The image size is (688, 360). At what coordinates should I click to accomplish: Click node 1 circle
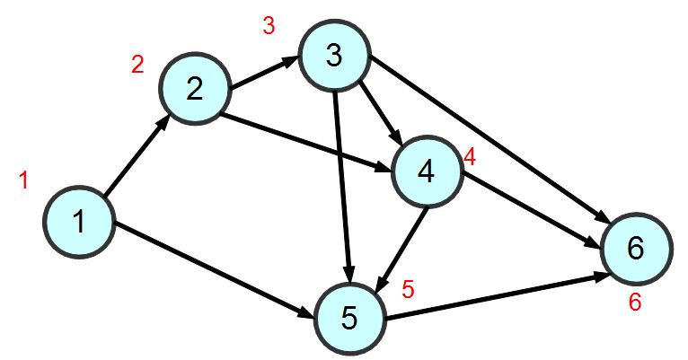[79, 221]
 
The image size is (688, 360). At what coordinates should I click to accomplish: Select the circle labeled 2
[195, 88]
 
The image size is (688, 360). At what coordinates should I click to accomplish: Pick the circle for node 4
[426, 171]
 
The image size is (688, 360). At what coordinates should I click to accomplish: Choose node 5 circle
[349, 316]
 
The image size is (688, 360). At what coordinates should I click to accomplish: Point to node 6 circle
[635, 249]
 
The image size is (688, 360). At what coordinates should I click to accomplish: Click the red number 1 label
[24, 180]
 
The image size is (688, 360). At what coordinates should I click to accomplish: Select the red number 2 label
[137, 65]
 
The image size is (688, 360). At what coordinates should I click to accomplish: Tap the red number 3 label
[269, 26]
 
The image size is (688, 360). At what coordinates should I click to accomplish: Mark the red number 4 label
[469, 156]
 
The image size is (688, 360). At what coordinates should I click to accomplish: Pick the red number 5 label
[408, 289]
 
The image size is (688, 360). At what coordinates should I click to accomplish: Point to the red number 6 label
[634, 303]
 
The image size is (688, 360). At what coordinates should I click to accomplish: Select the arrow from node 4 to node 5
[404, 247]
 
